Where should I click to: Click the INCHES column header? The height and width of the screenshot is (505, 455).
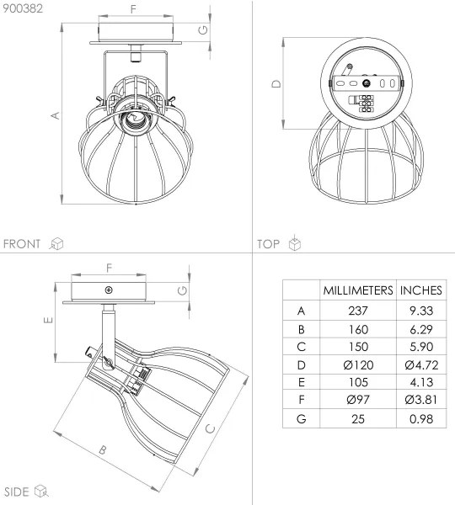tap(421, 290)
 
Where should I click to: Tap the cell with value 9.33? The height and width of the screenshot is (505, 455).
tap(421, 311)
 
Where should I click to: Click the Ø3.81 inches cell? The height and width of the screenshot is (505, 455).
tap(421, 401)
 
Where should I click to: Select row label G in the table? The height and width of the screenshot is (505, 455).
tap(301, 418)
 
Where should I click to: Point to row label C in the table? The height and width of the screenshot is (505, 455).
tap(301, 347)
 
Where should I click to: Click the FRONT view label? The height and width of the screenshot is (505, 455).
tap(22, 244)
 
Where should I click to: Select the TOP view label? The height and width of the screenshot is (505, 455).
tap(268, 244)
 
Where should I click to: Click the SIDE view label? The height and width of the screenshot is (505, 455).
tap(17, 491)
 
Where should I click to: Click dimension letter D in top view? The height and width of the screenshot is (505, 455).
tap(276, 83)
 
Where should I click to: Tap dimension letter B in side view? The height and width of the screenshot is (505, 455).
tap(103, 451)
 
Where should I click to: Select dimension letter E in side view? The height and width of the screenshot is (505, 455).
tap(49, 321)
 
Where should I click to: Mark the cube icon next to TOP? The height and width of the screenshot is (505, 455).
tap(294, 244)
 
